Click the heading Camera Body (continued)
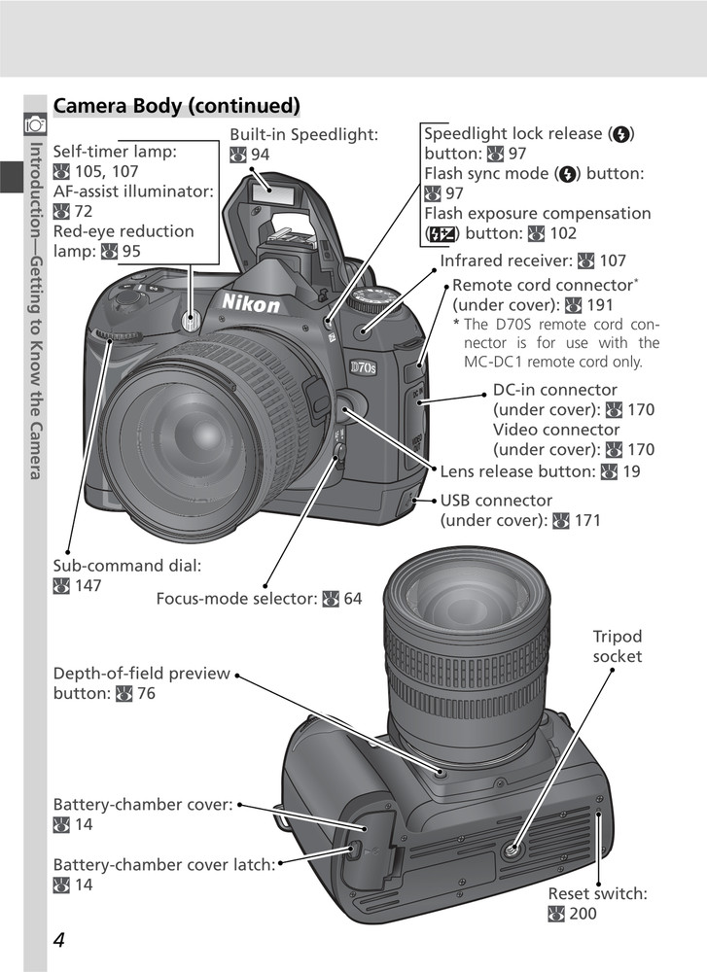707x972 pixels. click(x=176, y=105)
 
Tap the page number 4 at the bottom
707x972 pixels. click(x=59, y=940)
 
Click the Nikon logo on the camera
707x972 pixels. click(x=251, y=303)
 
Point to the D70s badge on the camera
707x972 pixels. click(x=369, y=369)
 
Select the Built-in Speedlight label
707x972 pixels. click(x=303, y=134)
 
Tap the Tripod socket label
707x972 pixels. click(x=618, y=646)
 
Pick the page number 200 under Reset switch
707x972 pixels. click(x=583, y=913)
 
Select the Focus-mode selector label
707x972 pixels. click(x=237, y=599)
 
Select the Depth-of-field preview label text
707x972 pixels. click(x=142, y=674)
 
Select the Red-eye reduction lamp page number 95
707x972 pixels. click(x=131, y=251)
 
